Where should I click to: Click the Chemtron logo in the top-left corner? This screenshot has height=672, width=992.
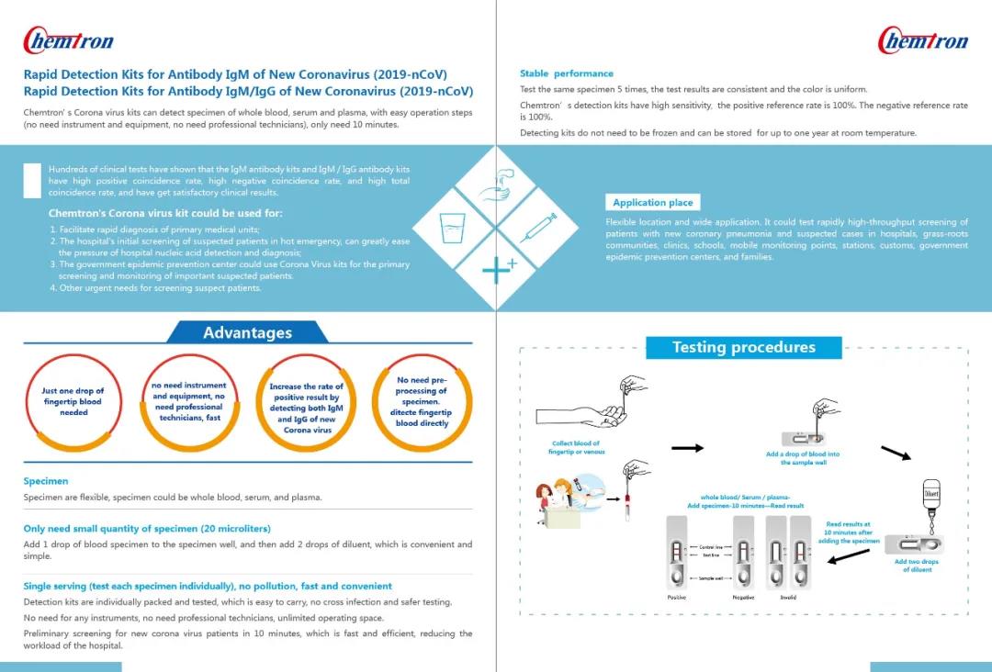pyautogui.click(x=68, y=40)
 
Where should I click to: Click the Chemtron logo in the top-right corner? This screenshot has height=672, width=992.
pyautogui.click(x=923, y=40)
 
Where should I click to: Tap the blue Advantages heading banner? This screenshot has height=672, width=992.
pyautogui.click(x=247, y=332)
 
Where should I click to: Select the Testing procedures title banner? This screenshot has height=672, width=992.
pyautogui.click(x=743, y=347)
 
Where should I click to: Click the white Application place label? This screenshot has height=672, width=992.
pyautogui.click(x=652, y=203)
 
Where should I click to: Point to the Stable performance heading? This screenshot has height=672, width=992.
pyautogui.click(x=566, y=73)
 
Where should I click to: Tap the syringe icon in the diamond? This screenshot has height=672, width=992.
pyautogui.click(x=538, y=227)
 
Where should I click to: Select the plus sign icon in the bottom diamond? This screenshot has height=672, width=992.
pyautogui.click(x=497, y=270)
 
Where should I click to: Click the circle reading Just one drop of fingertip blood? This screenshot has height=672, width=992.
pyautogui.click(x=73, y=402)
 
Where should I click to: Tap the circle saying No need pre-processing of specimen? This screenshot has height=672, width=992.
pyautogui.click(x=422, y=402)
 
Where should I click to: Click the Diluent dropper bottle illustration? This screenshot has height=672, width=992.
pyautogui.click(x=931, y=500)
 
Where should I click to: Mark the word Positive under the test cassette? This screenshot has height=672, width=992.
pyautogui.click(x=676, y=598)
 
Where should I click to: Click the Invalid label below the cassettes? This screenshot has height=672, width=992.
pyautogui.click(x=788, y=598)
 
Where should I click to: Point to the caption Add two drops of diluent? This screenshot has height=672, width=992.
pyautogui.click(x=916, y=566)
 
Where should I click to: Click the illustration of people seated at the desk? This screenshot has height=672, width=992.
pyautogui.click(x=566, y=503)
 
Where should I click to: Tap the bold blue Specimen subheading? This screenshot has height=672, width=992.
pyautogui.click(x=46, y=481)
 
